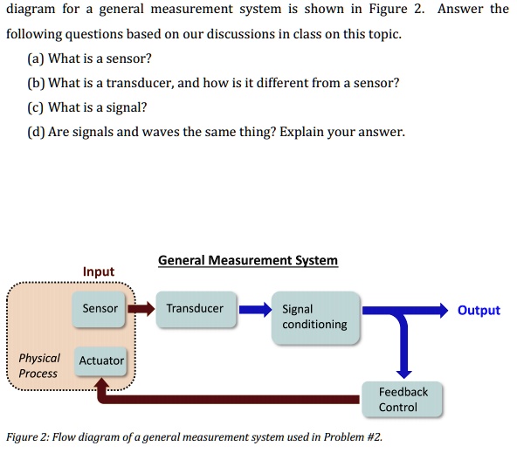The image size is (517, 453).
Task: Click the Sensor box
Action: click(100, 309)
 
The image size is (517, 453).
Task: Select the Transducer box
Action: click(196, 309)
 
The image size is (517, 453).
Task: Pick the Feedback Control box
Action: click(403, 400)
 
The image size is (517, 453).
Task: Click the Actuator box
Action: click(101, 360)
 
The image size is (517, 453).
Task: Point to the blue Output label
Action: click(479, 310)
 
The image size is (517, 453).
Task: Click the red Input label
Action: click(99, 271)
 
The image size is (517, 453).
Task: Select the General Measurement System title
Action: click(248, 260)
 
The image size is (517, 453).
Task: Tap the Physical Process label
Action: click(39, 366)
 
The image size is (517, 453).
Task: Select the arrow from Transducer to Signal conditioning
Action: click(256, 309)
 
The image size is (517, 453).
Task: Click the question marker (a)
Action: click(37, 59)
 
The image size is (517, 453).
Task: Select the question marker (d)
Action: click(38, 133)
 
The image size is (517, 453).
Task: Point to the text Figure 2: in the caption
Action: click(31, 437)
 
